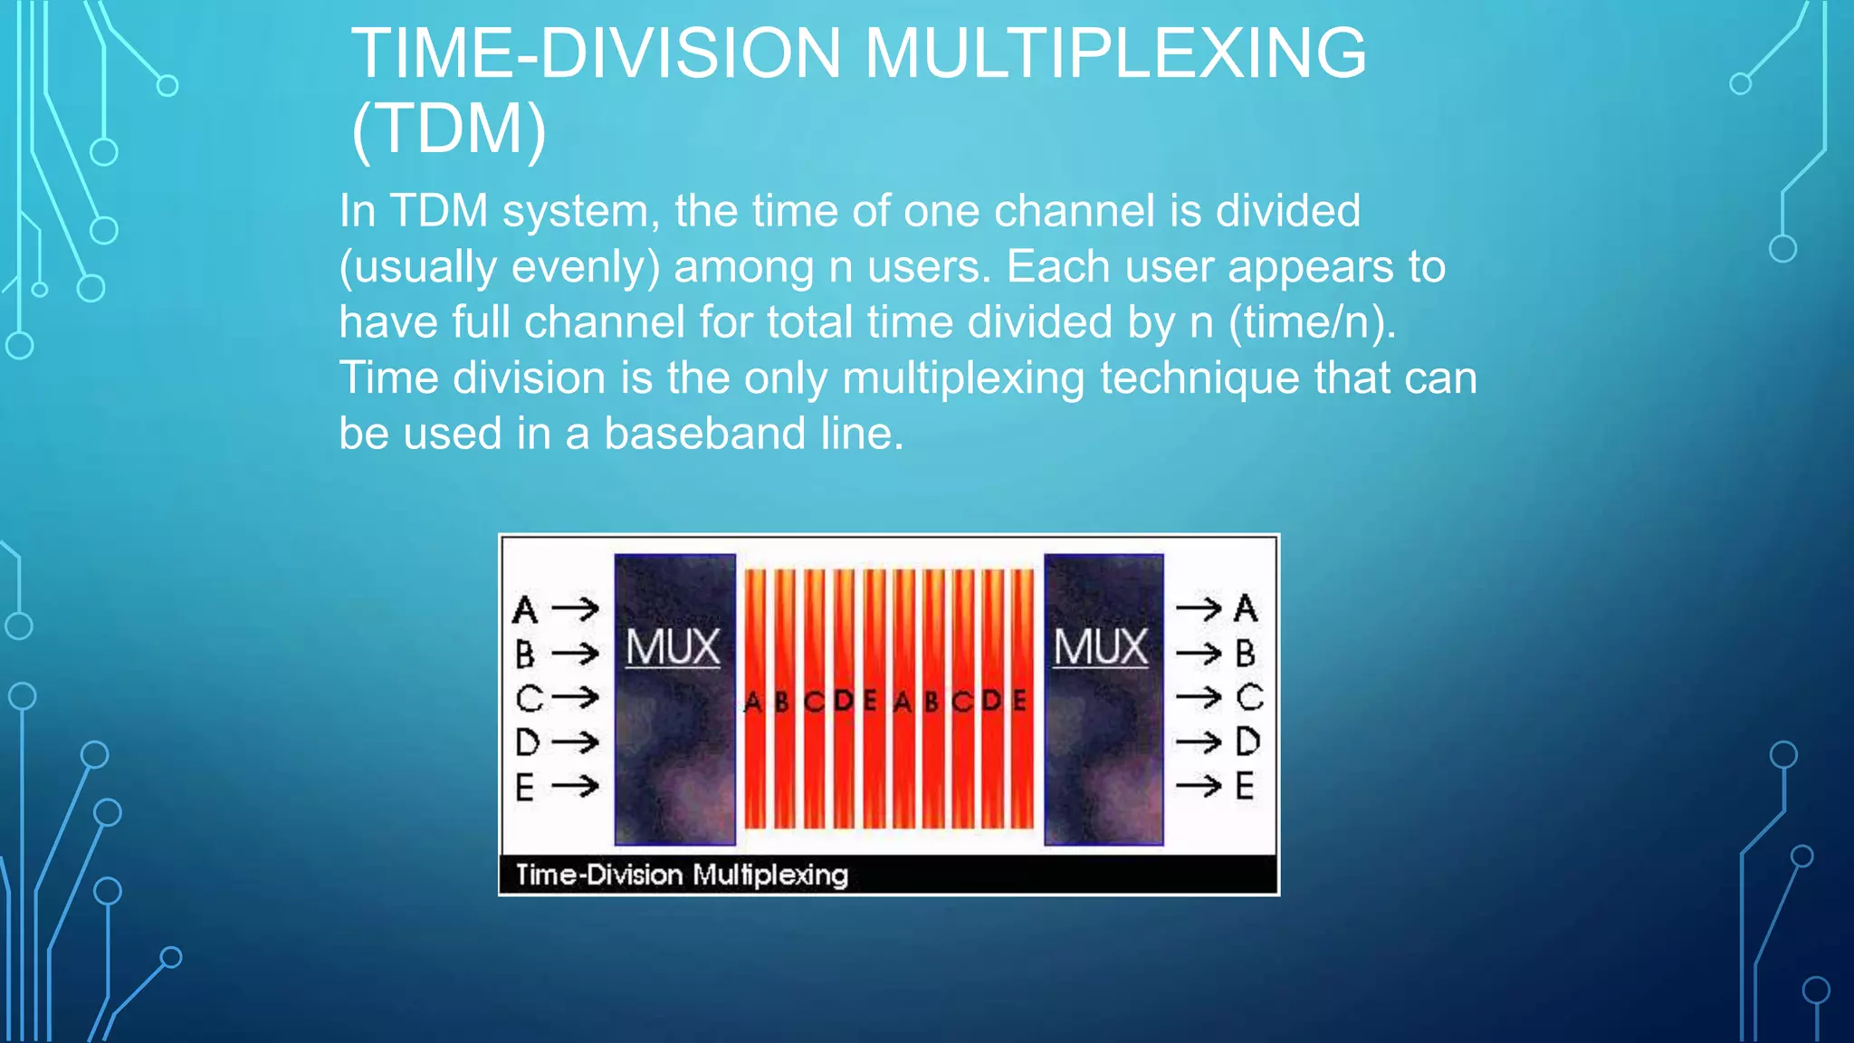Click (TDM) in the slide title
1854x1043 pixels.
tap(449, 129)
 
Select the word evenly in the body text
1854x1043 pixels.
tap(585, 267)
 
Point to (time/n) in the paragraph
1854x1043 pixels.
tap(1312, 322)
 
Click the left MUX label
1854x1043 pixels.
tap(673, 648)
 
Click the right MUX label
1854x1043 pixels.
tap(1101, 648)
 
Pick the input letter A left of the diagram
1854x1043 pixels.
tap(525, 610)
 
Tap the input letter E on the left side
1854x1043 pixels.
tap(524, 787)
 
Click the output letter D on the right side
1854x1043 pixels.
tap(1247, 742)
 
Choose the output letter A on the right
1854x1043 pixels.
tap(1246, 608)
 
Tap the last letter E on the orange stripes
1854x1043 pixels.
tap(1019, 700)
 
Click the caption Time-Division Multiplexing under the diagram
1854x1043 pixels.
tap(682, 875)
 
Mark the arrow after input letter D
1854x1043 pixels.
tap(576, 742)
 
